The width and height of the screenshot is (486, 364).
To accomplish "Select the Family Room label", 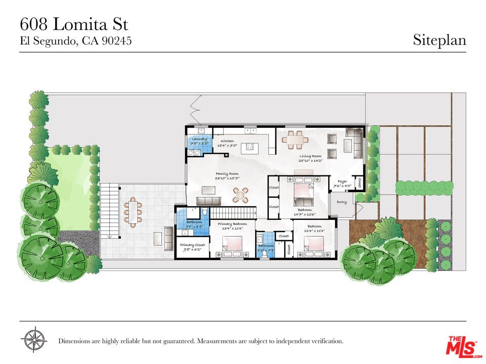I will [x=226, y=173].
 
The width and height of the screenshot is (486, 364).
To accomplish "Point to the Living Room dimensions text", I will [x=310, y=161].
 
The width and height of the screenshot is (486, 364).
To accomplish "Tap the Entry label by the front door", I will [x=342, y=202].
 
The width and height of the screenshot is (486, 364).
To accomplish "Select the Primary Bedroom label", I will [x=232, y=223].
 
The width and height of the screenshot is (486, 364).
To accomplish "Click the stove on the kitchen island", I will [x=249, y=147].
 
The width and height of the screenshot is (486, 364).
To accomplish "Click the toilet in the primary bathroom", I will [x=205, y=213].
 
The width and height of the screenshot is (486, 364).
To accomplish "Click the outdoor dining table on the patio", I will [x=133, y=212].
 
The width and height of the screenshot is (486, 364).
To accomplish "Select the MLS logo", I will [x=461, y=346].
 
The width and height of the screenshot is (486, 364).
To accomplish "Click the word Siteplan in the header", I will [x=439, y=39].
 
